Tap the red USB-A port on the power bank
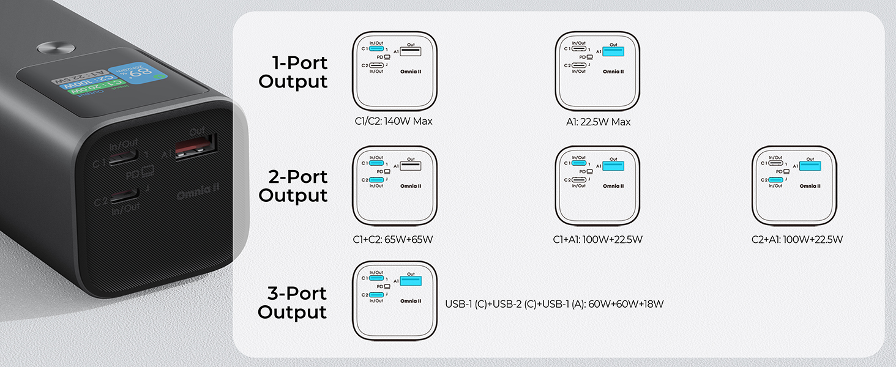[195, 146]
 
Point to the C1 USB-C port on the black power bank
[123, 160]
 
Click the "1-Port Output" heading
[293, 72]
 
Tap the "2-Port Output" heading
[293, 186]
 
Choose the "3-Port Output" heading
[293, 302]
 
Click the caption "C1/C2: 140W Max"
[394, 121]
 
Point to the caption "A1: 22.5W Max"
[598, 122]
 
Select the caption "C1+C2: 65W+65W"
[394, 239]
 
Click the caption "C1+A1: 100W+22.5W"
[597, 239]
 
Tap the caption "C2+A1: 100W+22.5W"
[797, 239]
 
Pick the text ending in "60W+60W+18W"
[554, 303]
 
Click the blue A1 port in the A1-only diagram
[613, 52]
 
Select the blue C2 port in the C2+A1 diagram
[776, 180]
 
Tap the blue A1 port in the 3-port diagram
[411, 281]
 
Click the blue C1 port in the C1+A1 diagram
[579, 163]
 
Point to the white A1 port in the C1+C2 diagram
[411, 166]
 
